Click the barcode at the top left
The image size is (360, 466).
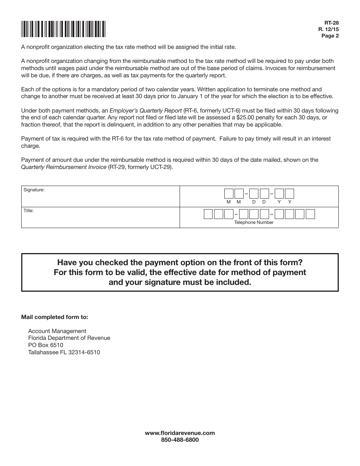click(x=63, y=29)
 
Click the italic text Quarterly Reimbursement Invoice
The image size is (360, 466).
click(x=64, y=167)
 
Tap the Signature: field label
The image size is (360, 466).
click(x=34, y=190)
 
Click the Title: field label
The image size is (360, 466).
click(x=28, y=211)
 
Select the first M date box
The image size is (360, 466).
click(x=229, y=194)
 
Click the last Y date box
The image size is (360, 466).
click(x=290, y=194)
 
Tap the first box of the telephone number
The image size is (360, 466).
click(x=208, y=214)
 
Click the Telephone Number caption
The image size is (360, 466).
click(x=254, y=222)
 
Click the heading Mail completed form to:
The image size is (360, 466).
click(x=55, y=317)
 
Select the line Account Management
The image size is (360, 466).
click(x=57, y=331)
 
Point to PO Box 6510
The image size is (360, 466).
click(x=45, y=345)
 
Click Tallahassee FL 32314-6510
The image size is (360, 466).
click(x=64, y=352)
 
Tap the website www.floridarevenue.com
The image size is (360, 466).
click(x=180, y=433)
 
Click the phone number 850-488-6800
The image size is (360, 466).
click(x=180, y=440)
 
